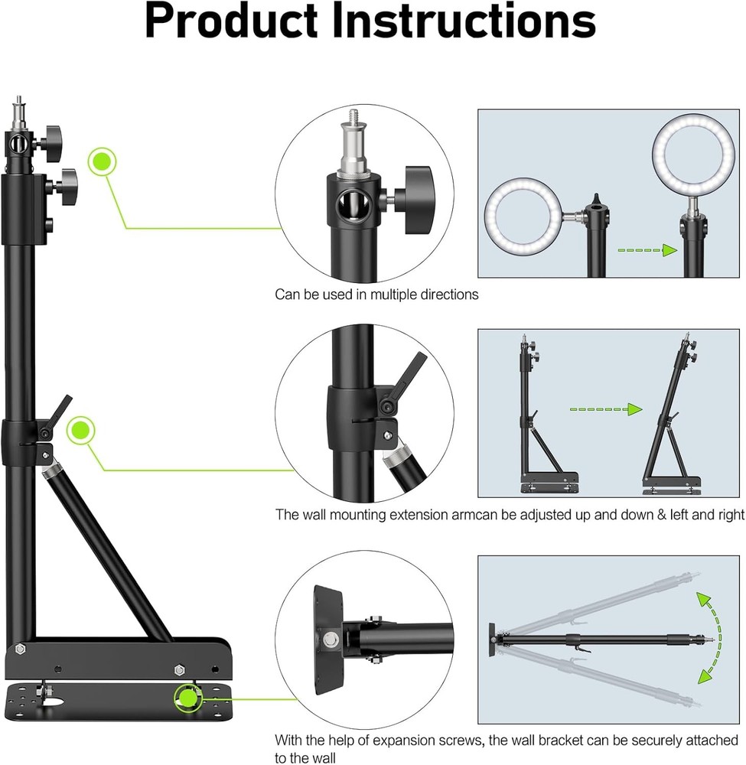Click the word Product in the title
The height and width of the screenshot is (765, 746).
(x=233, y=23)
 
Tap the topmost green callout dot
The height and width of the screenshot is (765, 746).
(x=101, y=162)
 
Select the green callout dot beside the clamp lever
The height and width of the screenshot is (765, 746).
(x=80, y=431)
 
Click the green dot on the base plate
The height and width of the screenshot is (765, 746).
(x=187, y=698)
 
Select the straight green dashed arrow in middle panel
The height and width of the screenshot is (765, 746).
(x=604, y=409)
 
